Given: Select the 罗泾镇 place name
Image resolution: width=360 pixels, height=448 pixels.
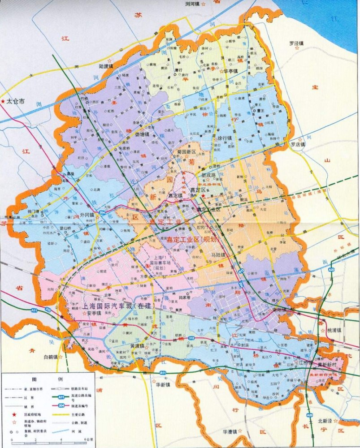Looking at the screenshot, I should pyautogui.click(x=296, y=43).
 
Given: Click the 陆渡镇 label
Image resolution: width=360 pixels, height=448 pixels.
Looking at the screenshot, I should pyautogui.click(x=106, y=66).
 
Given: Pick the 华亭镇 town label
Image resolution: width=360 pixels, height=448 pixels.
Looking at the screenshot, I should pyautogui.click(x=231, y=71).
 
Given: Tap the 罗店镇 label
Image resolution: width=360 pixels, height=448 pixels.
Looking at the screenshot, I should pyautogui.click(x=297, y=144).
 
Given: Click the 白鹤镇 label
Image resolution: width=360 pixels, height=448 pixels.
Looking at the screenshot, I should pyautogui.click(x=51, y=357).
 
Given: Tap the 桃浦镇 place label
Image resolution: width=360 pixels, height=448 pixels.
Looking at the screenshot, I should pyautogui.click(x=334, y=329).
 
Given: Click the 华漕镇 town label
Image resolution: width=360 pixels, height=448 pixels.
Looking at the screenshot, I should pyautogui.click(x=230, y=432).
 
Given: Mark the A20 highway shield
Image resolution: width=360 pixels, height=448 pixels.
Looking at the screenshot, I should pyautogui.click(x=331, y=270).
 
